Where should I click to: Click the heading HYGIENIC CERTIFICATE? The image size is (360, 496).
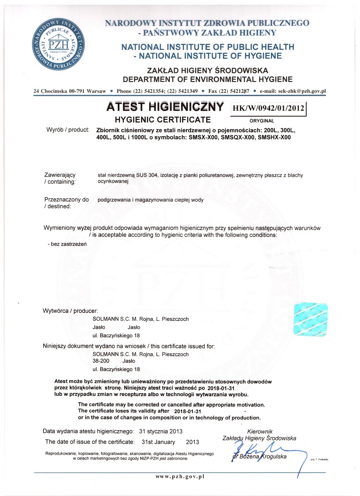(163, 120)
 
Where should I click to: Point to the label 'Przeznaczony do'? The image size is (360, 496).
(66, 199)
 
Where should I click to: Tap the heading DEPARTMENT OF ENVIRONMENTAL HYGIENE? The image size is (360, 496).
(208, 79)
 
